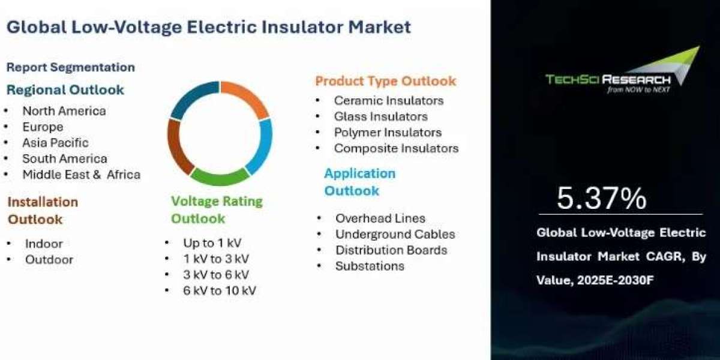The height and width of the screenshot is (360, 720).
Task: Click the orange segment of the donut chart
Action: point(249,95)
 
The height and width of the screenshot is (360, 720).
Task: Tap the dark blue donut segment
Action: point(192,97)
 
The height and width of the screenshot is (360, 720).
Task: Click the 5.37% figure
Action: point(601,199)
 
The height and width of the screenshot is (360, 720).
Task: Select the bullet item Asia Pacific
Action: point(55,143)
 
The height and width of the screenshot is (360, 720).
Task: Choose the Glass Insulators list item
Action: point(381,116)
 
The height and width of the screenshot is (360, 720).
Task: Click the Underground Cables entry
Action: point(395,234)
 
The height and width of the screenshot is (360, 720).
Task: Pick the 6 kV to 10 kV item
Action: point(220,290)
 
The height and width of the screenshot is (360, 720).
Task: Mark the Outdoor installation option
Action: point(49,259)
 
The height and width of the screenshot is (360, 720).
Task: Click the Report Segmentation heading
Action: point(71,67)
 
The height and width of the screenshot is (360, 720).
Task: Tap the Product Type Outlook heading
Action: point(385,81)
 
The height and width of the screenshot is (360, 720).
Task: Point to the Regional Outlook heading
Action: point(65,89)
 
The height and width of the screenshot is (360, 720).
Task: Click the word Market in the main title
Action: point(380,26)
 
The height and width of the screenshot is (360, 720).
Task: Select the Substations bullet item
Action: point(370,266)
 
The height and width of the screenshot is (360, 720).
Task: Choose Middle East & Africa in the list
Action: point(82,175)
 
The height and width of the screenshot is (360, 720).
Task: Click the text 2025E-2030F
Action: point(616,280)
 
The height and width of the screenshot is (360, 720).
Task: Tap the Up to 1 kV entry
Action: point(212,242)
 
